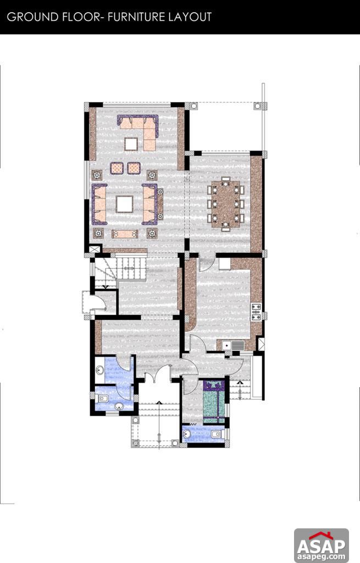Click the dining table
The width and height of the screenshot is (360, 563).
(x=225, y=202)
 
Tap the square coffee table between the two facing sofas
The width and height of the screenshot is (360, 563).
(x=124, y=204)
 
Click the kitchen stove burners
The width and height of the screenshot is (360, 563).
(x=256, y=312)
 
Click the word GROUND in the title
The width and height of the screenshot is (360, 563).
(x=30, y=17)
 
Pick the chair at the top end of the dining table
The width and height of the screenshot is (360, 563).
(x=225, y=179)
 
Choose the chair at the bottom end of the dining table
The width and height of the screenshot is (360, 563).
(x=225, y=225)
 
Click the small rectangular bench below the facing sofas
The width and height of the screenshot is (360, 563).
(x=124, y=234)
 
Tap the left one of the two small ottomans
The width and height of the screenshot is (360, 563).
(x=117, y=168)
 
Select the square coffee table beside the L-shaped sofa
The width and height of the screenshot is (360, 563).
(x=131, y=144)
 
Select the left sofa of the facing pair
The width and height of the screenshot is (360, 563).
(x=99, y=204)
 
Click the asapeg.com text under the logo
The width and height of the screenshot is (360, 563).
(x=322, y=556)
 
